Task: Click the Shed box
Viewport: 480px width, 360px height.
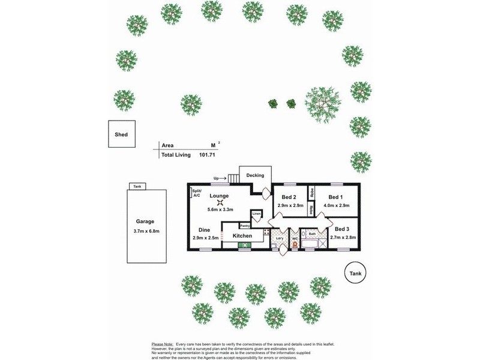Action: tap(121, 135)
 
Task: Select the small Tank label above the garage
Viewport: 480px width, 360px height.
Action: tap(137, 187)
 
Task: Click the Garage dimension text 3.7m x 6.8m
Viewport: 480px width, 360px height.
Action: tap(146, 232)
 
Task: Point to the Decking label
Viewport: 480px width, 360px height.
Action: tap(255, 175)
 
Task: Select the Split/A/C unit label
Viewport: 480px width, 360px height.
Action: tap(197, 193)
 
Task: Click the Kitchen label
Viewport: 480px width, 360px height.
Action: tap(242, 236)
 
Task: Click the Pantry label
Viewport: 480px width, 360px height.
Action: tap(244, 226)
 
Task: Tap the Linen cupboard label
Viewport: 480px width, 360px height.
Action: tap(256, 214)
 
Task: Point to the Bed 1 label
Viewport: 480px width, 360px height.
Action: tap(335, 197)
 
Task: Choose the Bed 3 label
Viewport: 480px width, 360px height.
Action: tap(342, 229)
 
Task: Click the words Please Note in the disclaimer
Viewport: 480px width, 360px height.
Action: tap(163, 344)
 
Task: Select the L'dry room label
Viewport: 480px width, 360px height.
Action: tap(279, 238)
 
